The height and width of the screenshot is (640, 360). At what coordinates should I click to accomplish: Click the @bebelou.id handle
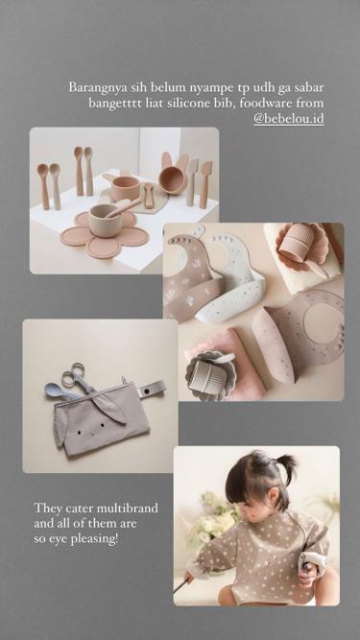click(x=289, y=118)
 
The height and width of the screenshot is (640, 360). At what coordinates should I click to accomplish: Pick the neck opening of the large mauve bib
click(x=323, y=322)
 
